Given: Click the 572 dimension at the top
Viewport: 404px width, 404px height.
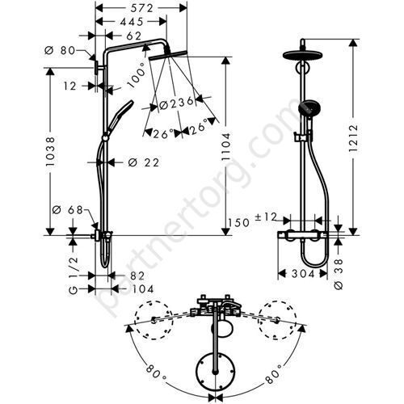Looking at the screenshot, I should click(x=144, y=7).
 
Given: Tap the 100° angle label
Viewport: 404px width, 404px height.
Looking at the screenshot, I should click(x=139, y=74).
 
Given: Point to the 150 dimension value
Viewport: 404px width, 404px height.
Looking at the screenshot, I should click(x=240, y=222).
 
